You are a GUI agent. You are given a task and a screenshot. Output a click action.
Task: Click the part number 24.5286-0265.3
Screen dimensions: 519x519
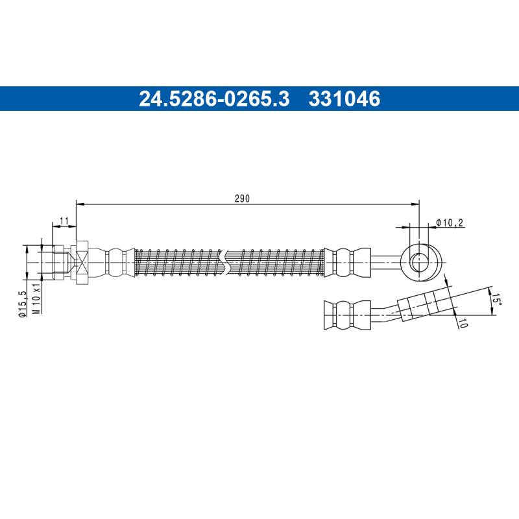pos(214,99)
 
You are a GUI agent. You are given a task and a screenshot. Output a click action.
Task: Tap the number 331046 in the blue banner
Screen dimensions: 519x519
pos(344,99)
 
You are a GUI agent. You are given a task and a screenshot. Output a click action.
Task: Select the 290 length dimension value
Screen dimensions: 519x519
pos(242,199)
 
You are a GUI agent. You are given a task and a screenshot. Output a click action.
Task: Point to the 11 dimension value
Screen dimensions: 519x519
pos(64,221)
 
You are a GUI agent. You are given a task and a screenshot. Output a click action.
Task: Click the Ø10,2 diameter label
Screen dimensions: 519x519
pos(450,223)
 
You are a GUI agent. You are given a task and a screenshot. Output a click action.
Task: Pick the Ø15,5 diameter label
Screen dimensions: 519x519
pos(23,304)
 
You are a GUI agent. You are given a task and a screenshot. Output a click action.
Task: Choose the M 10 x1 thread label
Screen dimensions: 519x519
pos(36,298)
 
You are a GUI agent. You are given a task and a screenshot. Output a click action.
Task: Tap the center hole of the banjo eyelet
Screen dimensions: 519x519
pos(419,262)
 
